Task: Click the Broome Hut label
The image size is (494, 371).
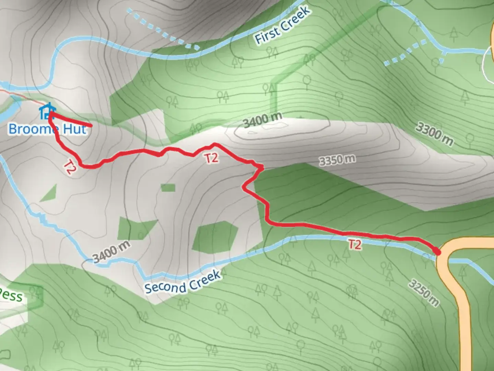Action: pyautogui.click(x=47, y=129)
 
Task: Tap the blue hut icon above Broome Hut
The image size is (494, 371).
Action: pyautogui.click(x=47, y=111)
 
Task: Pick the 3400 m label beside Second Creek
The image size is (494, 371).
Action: pyautogui.click(x=112, y=252)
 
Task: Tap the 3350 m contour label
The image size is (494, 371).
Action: pyautogui.click(x=337, y=160)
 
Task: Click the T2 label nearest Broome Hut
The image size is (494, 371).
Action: pyautogui.click(x=70, y=167)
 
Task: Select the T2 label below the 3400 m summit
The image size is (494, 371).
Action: pyautogui.click(x=211, y=158)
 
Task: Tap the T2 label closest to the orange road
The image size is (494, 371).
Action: pyautogui.click(x=355, y=245)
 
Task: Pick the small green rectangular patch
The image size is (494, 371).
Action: pyautogui.click(x=168, y=188)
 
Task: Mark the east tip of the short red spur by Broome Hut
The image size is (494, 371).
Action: pyautogui.click(x=91, y=126)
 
